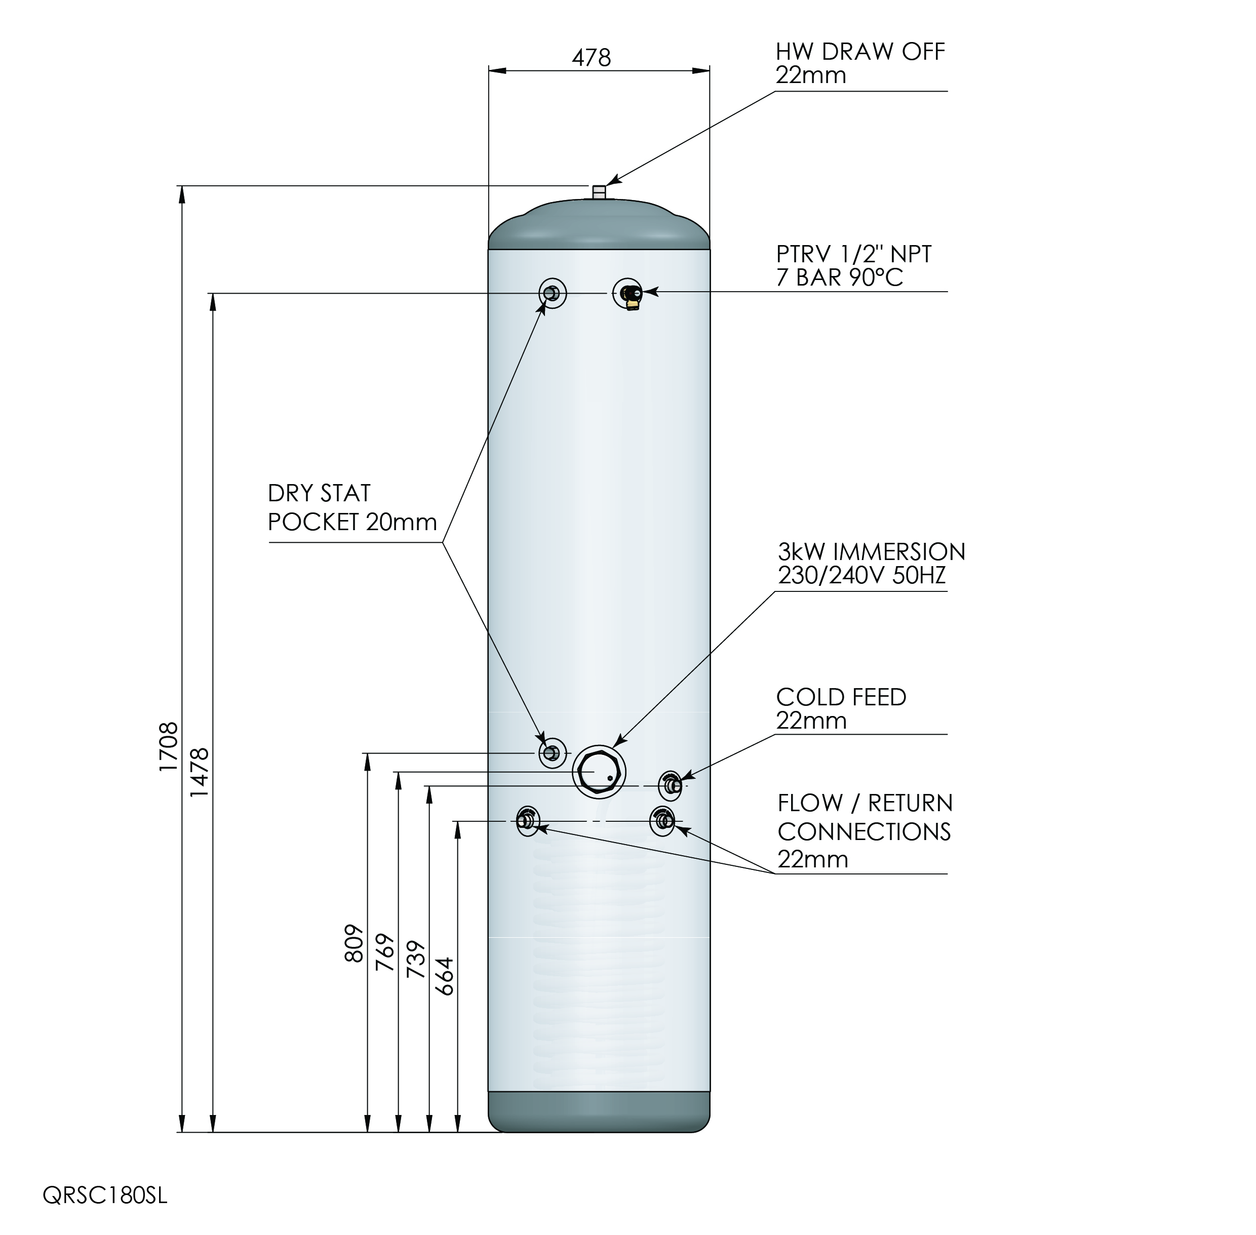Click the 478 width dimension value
pyautogui.click(x=591, y=58)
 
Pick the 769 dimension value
pyautogui.click(x=385, y=951)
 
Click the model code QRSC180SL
pyautogui.click(x=105, y=1195)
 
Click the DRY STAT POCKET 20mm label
pyautogui.click(x=351, y=507)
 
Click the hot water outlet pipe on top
pyautogui.click(x=598, y=192)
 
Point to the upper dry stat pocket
pyautogui.click(x=552, y=294)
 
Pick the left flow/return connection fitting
pyautogui.click(x=527, y=821)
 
